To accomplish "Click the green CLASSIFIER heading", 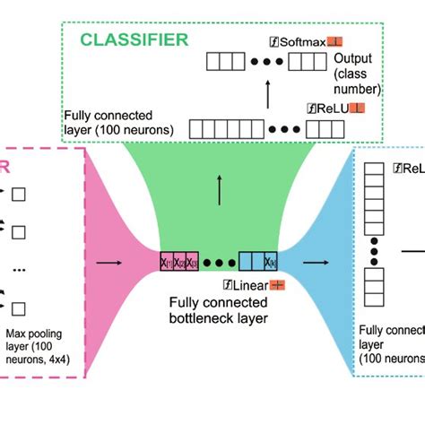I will point(134,39).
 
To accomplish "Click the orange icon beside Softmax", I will point(335,41).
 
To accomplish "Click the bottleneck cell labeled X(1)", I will point(168,261).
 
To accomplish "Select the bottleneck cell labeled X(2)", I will point(182,261).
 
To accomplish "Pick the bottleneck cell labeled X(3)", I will point(195,261).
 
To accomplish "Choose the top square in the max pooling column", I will point(18,192).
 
